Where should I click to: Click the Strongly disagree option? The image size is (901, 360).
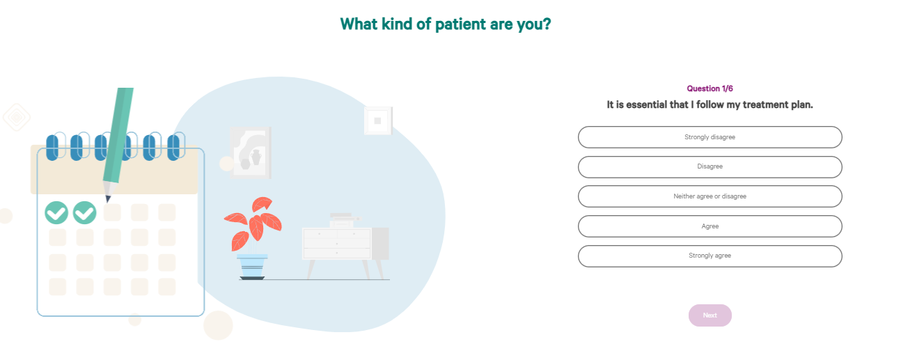pyautogui.click(x=710, y=137)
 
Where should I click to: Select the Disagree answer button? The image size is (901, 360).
pyautogui.click(x=710, y=167)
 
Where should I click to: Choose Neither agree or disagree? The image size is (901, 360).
pyautogui.click(x=710, y=196)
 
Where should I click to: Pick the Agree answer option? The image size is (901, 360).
pyautogui.click(x=710, y=226)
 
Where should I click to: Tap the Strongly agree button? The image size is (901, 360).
pyautogui.click(x=710, y=256)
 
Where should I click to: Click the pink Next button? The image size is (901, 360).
pyautogui.click(x=710, y=315)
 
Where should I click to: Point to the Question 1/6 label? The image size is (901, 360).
pyautogui.click(x=710, y=88)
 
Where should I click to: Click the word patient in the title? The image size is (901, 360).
pyautogui.click(x=460, y=24)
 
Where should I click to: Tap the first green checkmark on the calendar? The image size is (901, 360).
pyautogui.click(x=56, y=212)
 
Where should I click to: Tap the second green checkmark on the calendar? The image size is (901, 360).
pyautogui.click(x=84, y=212)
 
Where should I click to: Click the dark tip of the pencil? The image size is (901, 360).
pyautogui.click(x=107, y=198)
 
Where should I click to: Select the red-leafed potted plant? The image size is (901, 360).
pyautogui.click(x=253, y=238)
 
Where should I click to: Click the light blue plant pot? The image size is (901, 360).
pyautogui.click(x=252, y=266)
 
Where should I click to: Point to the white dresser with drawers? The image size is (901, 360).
pyautogui.click(x=346, y=250)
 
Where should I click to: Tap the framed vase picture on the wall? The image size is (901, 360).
pyautogui.click(x=250, y=152)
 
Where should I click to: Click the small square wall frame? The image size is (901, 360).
pyautogui.click(x=378, y=120)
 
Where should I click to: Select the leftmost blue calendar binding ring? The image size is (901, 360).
pyautogui.click(x=52, y=147)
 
